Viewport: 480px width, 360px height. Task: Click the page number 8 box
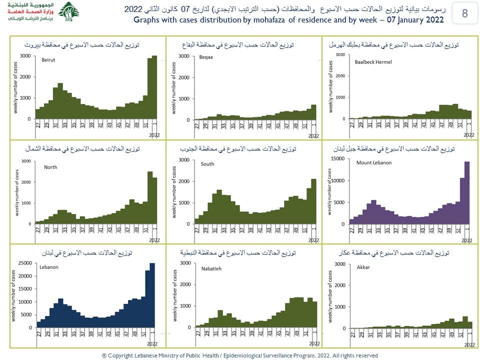(x=464, y=13)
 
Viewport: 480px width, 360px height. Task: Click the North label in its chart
(x=50, y=167)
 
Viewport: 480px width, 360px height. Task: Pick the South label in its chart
(x=207, y=164)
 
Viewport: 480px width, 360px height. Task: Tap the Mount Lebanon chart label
(x=374, y=163)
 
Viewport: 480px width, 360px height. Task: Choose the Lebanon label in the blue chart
(x=49, y=267)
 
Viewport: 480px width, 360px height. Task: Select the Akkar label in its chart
(x=363, y=267)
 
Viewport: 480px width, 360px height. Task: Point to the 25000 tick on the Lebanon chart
(x=24, y=263)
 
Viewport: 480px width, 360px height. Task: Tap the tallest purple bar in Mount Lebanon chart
(x=467, y=192)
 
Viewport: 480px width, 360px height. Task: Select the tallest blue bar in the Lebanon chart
(x=152, y=295)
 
